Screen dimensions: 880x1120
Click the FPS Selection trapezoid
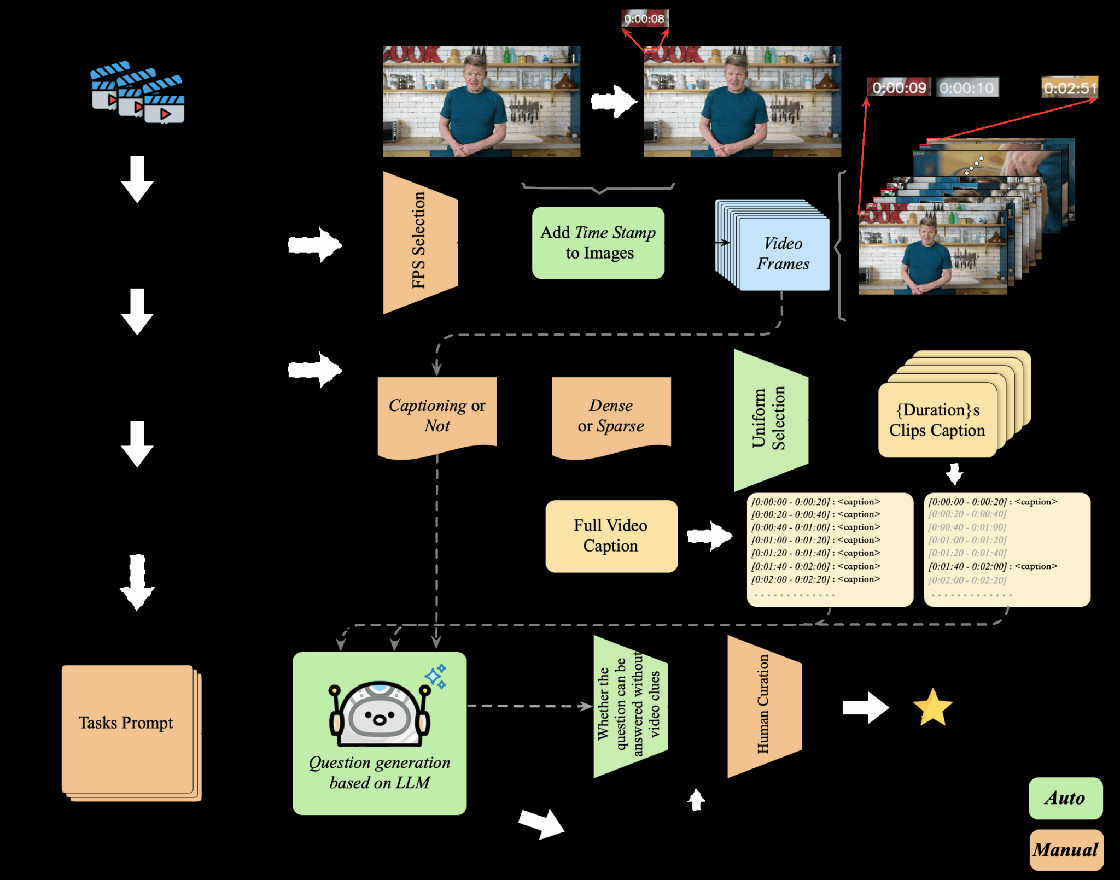click(419, 242)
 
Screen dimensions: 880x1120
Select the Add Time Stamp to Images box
click(598, 243)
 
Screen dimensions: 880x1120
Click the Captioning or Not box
click(437, 415)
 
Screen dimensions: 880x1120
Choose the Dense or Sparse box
click(611, 415)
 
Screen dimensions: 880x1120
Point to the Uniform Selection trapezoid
click(770, 420)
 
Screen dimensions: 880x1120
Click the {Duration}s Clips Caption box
click(937, 420)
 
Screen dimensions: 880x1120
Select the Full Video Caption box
click(611, 536)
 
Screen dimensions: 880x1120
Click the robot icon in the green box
click(380, 713)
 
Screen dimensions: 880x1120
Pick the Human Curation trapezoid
click(764, 706)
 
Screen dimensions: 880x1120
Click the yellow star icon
click(932, 707)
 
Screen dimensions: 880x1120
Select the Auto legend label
click(1065, 798)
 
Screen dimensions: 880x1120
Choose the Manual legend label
click(1066, 850)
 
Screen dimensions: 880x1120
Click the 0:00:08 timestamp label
click(645, 19)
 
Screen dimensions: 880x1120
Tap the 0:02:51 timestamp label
click(1069, 87)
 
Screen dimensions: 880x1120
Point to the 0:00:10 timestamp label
click(967, 87)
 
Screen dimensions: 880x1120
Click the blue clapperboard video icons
click(137, 93)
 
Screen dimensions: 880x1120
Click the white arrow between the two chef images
click(614, 101)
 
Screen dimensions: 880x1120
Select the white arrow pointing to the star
click(865, 707)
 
